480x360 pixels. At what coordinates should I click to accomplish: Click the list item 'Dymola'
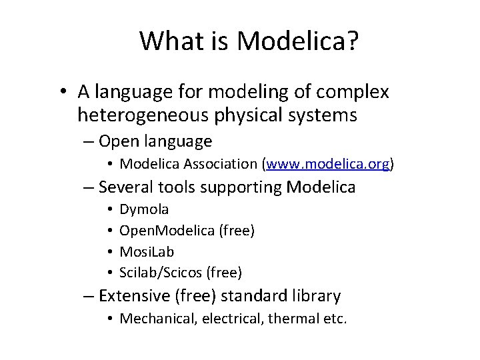click(144, 209)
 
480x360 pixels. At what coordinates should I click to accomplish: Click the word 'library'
click(317, 295)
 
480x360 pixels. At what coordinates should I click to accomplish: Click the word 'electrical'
click(227, 319)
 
